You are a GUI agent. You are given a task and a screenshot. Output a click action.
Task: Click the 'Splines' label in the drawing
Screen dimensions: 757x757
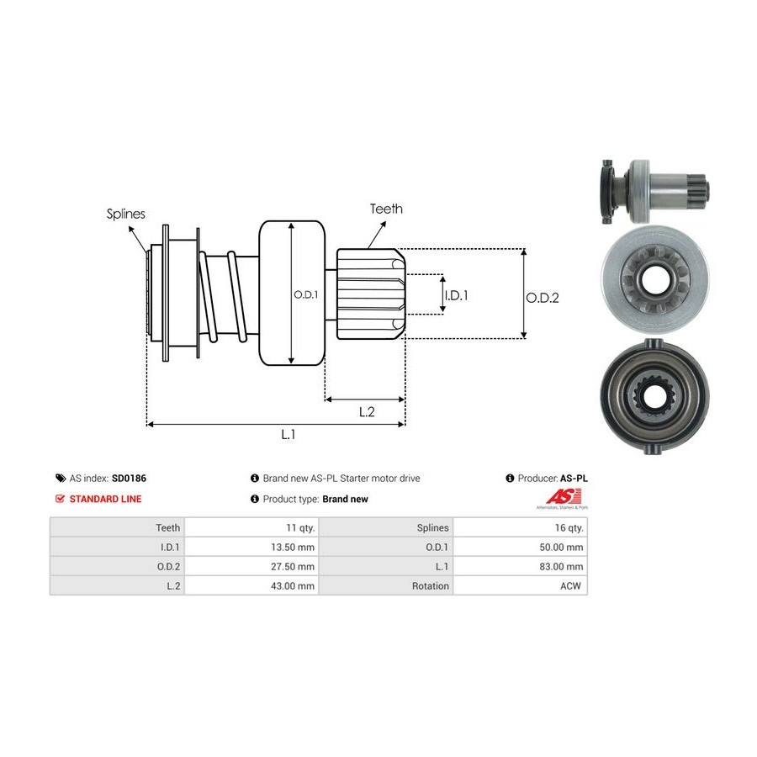click(125, 214)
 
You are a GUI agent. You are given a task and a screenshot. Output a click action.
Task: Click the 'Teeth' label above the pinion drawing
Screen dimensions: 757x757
click(386, 209)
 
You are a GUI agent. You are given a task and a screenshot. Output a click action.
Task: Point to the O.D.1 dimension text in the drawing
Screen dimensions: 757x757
click(304, 294)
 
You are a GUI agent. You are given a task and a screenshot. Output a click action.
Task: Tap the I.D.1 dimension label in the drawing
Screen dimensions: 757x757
click(456, 294)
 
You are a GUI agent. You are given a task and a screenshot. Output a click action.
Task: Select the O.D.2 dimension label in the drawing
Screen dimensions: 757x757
click(543, 297)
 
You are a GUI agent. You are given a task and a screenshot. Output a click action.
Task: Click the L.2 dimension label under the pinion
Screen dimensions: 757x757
click(367, 411)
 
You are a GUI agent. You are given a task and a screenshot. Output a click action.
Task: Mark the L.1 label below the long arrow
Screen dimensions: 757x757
click(289, 434)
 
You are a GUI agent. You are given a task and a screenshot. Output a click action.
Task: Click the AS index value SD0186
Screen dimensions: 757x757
click(129, 479)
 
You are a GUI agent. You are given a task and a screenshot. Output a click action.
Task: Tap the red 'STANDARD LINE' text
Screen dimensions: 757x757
click(105, 499)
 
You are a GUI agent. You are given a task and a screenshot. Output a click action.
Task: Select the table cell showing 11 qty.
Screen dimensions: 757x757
click(300, 527)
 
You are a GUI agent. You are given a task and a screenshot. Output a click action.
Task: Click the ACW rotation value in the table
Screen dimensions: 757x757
click(573, 585)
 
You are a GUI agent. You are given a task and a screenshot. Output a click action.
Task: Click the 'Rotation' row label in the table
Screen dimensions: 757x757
click(431, 585)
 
